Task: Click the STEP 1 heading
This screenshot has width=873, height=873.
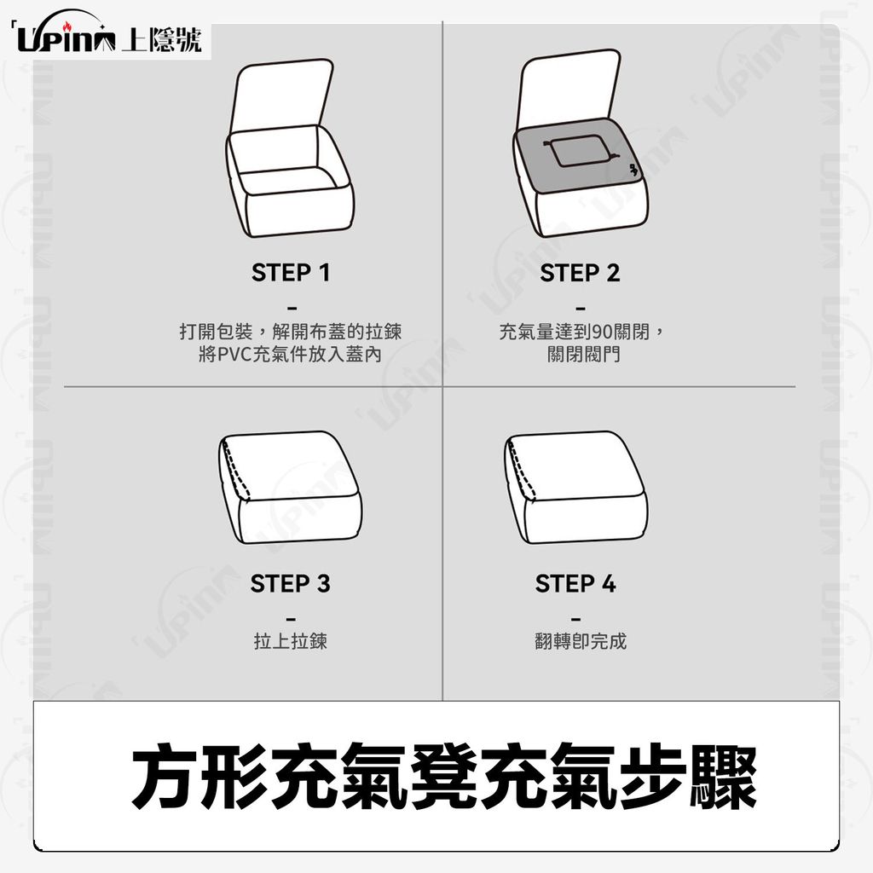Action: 291,273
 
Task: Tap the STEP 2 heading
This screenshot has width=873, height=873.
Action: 580,273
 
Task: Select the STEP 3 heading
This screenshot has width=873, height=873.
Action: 290,583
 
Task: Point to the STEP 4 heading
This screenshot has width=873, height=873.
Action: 575,583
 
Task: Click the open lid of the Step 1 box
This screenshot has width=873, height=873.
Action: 281,95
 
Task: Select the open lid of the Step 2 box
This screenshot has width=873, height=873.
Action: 569,89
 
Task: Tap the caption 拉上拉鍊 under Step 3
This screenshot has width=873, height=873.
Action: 290,641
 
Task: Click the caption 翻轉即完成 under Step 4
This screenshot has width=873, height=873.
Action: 580,641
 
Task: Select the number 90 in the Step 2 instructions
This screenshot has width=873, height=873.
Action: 602,332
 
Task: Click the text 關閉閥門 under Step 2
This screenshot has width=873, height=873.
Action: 583,354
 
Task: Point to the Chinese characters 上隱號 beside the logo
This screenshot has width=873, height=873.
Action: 161,39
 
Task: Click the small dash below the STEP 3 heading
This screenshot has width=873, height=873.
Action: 291,618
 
